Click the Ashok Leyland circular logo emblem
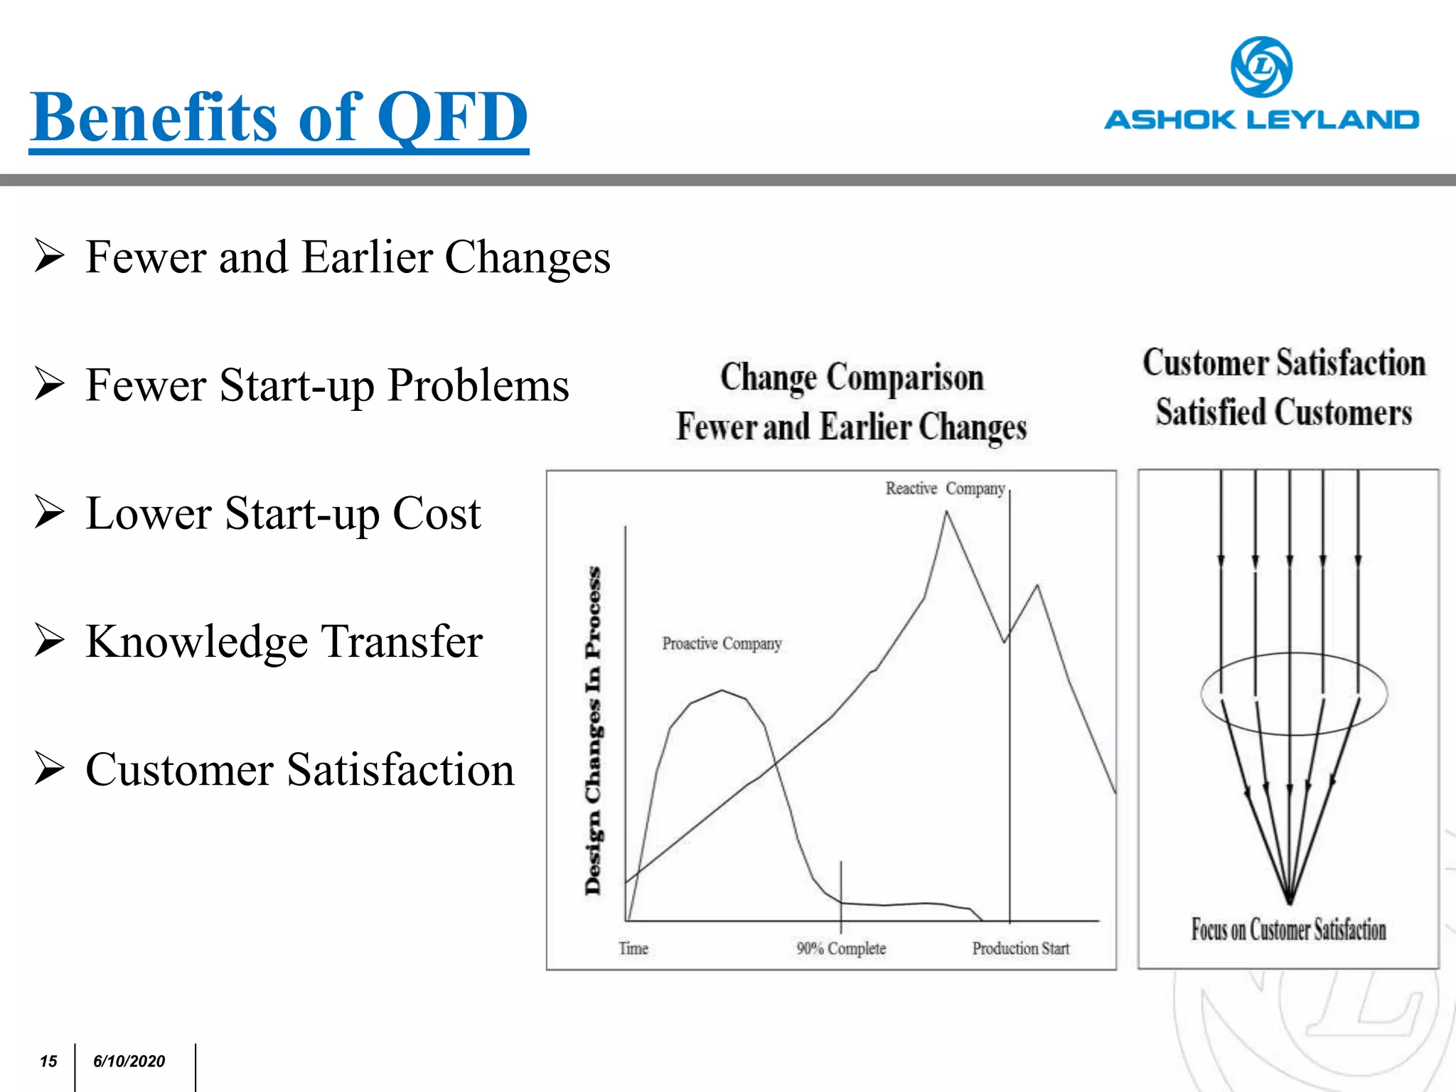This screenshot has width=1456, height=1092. pos(1261,67)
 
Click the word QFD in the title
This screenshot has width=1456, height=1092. pos(452,117)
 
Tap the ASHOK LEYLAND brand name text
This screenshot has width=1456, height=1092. pos(1261,119)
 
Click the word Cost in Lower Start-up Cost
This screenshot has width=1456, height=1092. pos(437,513)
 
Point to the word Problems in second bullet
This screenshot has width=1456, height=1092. pos(478,385)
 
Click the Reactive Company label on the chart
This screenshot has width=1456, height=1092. pos(945,488)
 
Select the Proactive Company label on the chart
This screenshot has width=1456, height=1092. pos(722,643)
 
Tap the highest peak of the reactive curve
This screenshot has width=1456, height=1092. pos(946,513)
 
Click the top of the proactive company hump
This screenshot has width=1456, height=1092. pos(722,691)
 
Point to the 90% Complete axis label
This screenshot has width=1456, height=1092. pos(841,948)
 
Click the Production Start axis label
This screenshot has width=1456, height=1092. pos(1021,948)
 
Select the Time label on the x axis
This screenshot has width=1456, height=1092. pos(633,948)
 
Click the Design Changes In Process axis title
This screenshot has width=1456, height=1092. pos(593,730)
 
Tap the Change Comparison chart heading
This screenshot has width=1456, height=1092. pos(852,378)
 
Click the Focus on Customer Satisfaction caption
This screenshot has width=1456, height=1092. pos(1288,929)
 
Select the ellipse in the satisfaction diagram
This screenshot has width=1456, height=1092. pos(1294,655)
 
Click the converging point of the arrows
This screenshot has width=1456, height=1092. pos(1289,901)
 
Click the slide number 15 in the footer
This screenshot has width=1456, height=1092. pos(48,1061)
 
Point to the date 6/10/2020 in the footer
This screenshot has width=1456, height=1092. pos(129,1061)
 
